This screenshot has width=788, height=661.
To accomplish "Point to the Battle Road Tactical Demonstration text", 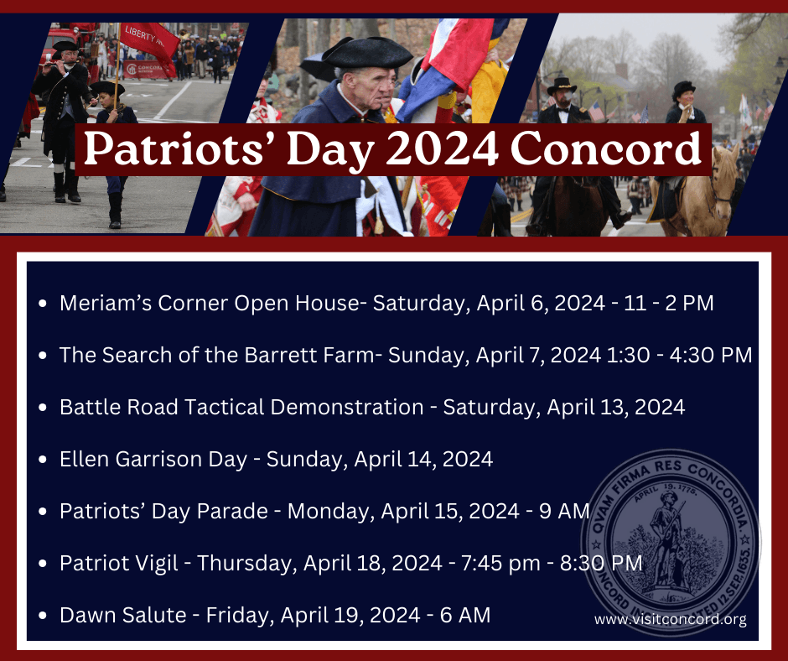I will coord(241,407).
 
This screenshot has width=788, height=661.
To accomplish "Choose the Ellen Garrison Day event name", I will coord(153,459).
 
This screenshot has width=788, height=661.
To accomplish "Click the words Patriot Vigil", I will coord(119,563).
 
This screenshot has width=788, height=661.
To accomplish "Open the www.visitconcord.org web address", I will coord(670,620).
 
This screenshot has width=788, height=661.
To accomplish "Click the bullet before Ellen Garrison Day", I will coord(43,460).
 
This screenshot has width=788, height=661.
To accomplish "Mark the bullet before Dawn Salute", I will coord(43,616).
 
